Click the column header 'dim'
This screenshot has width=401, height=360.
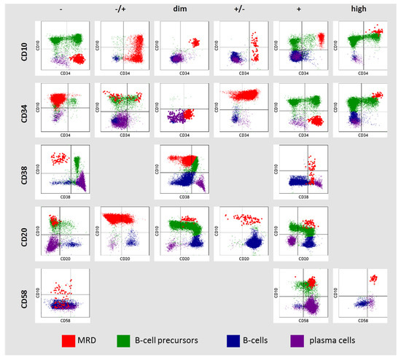click(180, 9)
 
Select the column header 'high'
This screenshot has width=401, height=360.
click(359, 9)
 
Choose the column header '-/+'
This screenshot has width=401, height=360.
click(121, 9)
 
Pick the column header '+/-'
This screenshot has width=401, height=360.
click(239, 9)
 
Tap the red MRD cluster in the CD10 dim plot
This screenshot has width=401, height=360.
click(193, 42)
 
